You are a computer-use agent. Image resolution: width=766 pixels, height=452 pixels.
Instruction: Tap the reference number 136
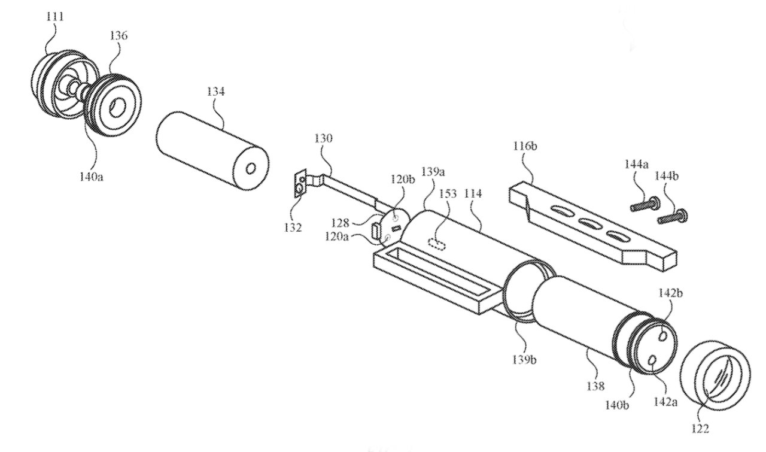pos(118,37)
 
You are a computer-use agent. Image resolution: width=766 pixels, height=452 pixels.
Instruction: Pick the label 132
pos(293,228)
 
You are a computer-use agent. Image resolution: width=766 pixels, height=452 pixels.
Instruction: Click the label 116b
pos(524,145)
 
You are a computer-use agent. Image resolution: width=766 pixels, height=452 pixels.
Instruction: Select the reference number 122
pos(700,428)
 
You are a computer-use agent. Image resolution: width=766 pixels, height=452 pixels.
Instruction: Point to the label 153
pos(448,193)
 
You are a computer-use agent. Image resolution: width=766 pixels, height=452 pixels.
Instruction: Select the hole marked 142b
pos(664,335)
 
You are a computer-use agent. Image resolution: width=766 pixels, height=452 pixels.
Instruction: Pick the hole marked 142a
pos(653,360)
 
